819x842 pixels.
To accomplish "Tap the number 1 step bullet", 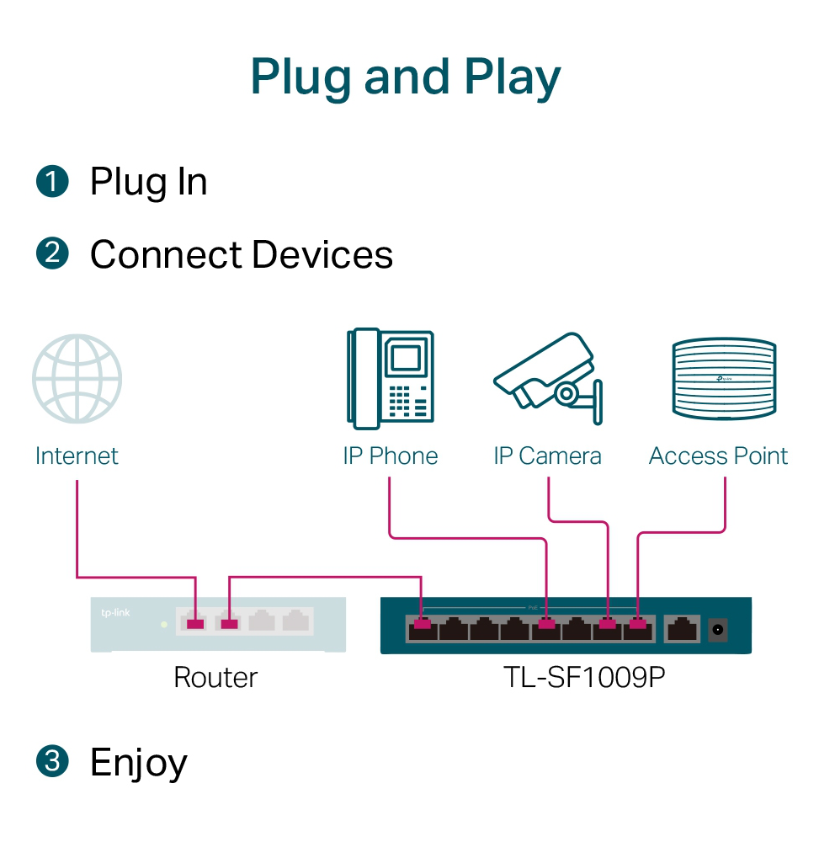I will pyautogui.click(x=52, y=182).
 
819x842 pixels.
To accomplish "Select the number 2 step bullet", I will pyautogui.click(x=52, y=253).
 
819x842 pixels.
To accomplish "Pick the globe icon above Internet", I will pyautogui.click(x=77, y=379).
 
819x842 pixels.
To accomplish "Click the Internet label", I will pyautogui.click(x=77, y=456).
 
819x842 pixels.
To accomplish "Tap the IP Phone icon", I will pyautogui.click(x=391, y=376).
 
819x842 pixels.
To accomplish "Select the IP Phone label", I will pyautogui.click(x=391, y=456).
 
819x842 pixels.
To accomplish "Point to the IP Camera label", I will pyautogui.click(x=548, y=456).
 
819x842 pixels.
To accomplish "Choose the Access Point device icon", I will pyautogui.click(x=724, y=378).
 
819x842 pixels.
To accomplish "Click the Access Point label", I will pyautogui.click(x=719, y=456).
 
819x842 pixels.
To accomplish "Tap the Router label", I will pyautogui.click(x=215, y=677).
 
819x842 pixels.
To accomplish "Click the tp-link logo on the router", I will pyautogui.click(x=115, y=612).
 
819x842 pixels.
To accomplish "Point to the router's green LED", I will pyautogui.click(x=164, y=625).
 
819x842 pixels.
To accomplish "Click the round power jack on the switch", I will pyautogui.click(x=719, y=628).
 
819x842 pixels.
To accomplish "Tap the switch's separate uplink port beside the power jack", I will pyautogui.click(x=681, y=628).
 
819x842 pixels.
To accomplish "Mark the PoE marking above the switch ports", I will pyautogui.click(x=532, y=607).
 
